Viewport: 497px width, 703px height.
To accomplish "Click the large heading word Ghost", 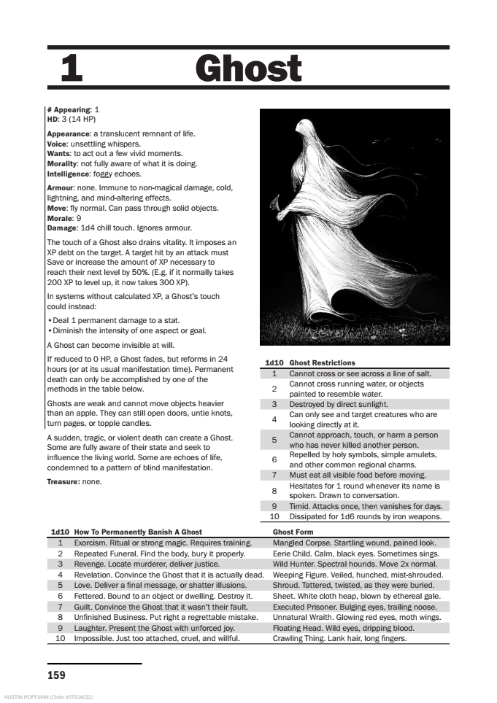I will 248,69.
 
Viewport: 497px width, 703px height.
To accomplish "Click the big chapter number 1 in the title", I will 72,69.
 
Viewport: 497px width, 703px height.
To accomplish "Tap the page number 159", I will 56,675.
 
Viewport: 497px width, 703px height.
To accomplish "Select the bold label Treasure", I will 63,481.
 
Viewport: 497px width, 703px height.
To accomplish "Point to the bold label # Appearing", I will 68,109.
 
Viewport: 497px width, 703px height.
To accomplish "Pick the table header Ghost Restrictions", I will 322,362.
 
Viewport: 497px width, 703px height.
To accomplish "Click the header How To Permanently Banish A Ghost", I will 138,532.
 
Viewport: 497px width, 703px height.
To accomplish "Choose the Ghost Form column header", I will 293,532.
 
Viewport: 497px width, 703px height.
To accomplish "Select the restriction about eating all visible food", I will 357,475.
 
